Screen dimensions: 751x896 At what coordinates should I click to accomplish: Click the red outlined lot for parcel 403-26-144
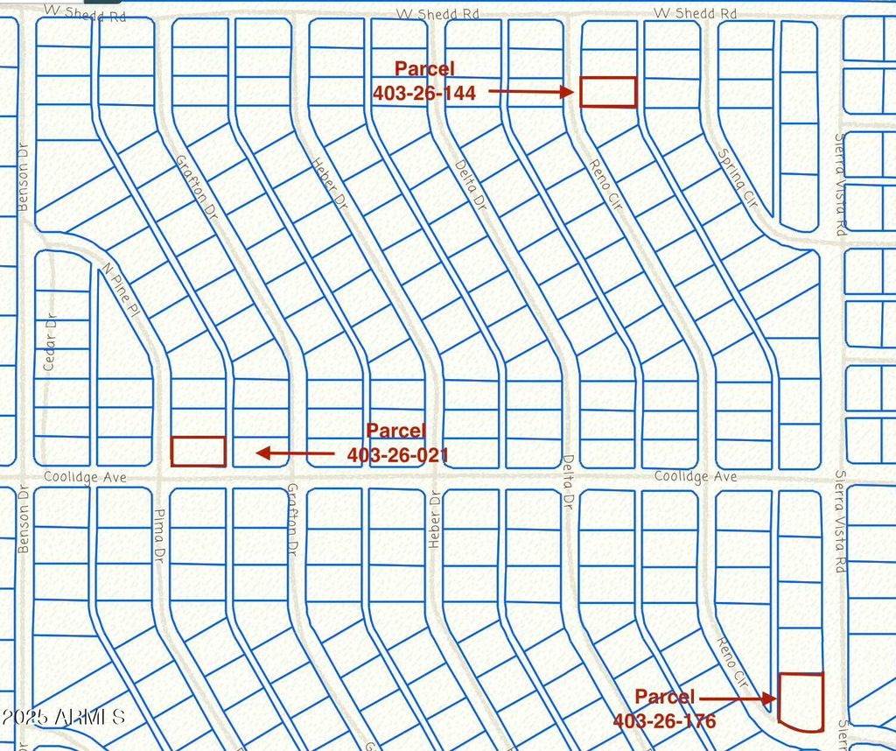608,92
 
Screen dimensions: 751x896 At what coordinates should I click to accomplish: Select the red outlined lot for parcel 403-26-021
198,451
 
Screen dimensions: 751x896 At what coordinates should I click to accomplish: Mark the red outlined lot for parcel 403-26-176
801,701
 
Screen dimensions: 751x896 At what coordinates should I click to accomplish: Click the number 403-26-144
424,92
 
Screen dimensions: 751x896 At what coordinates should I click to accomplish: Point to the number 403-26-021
397,454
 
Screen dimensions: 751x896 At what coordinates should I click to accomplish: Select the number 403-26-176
664,721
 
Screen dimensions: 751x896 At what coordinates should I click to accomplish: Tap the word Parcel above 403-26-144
424,68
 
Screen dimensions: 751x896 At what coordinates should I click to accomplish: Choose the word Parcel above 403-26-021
395,431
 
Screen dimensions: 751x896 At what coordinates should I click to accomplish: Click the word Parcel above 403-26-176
664,697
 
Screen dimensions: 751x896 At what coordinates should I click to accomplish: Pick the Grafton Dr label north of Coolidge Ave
195,186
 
